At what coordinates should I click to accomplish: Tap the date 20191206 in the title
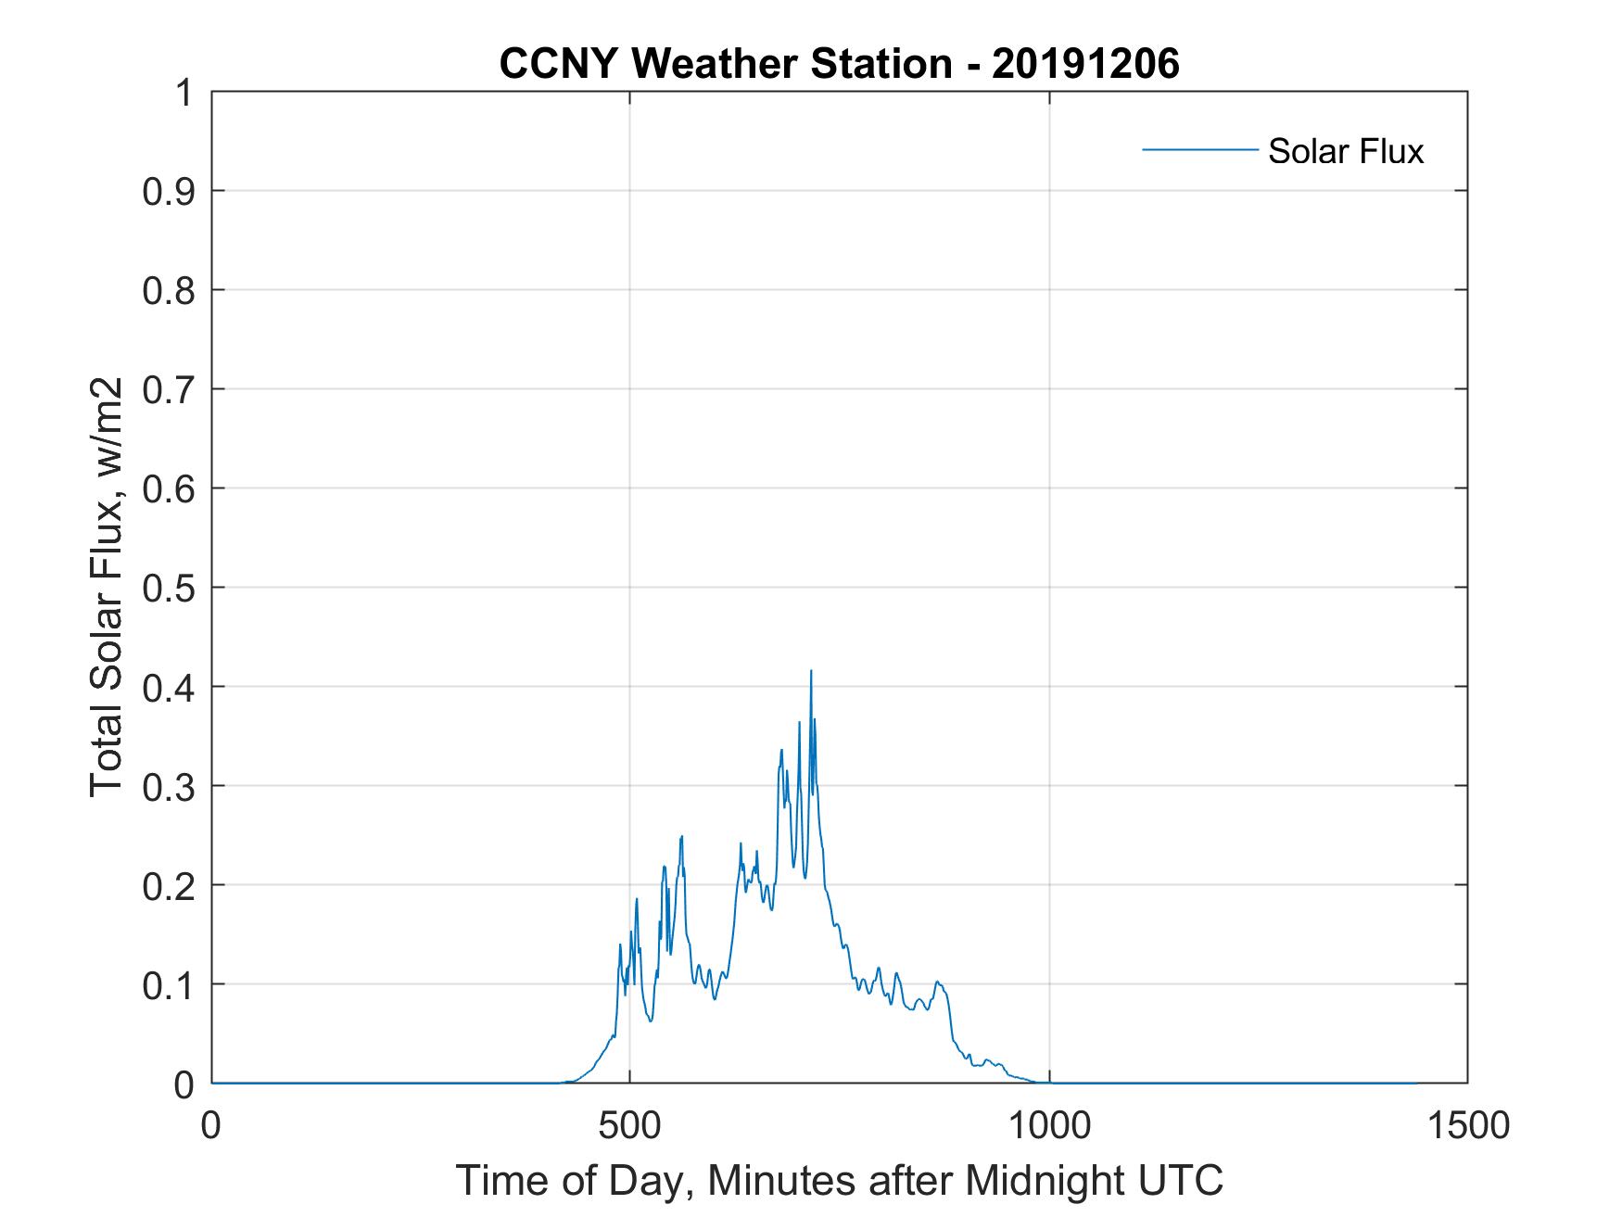(1085, 64)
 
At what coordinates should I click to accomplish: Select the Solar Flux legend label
(1345, 151)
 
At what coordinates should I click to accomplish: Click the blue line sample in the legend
(1199, 149)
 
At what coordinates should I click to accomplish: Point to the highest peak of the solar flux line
(811, 670)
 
